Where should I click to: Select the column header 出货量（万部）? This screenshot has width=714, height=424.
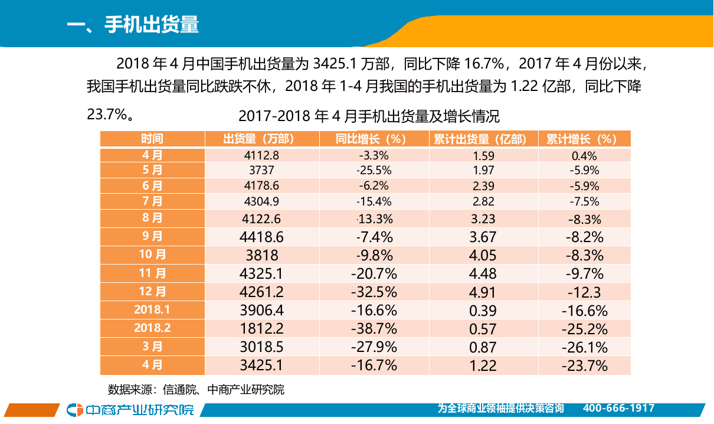tap(258, 139)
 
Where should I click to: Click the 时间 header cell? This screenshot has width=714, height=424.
tap(152, 139)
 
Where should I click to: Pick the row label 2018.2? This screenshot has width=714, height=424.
tap(152, 328)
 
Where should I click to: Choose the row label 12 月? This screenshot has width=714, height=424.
tap(152, 292)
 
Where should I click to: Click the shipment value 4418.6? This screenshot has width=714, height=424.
tap(262, 237)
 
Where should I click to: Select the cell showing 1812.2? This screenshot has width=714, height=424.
tap(262, 328)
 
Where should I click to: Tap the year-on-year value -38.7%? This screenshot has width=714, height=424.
tap(374, 328)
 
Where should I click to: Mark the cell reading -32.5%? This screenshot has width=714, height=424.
tap(374, 292)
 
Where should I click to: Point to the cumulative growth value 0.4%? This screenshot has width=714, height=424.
tap(584, 156)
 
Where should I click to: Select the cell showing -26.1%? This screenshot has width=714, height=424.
tap(584, 347)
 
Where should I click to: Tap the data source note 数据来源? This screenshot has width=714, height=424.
tap(196, 390)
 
